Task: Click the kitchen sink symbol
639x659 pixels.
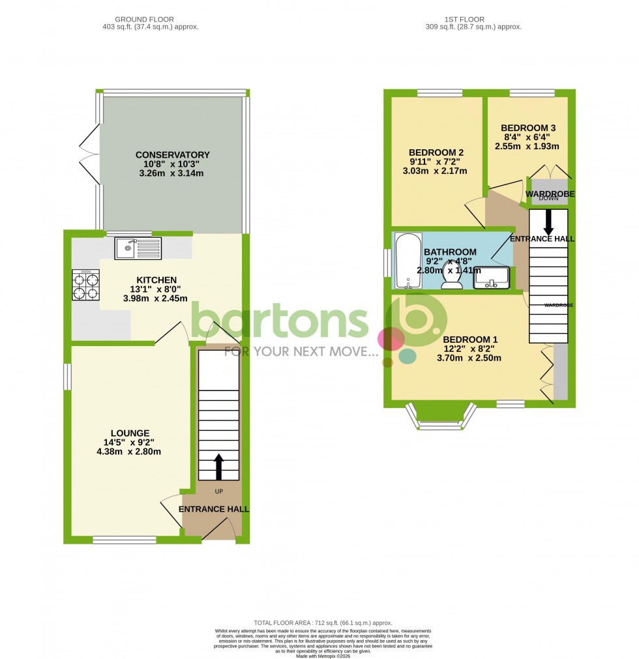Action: [x=137, y=248]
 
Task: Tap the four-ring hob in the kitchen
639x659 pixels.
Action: [x=85, y=285]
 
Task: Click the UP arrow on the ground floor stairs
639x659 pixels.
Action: [x=218, y=467]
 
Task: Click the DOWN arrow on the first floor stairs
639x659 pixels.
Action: [x=548, y=223]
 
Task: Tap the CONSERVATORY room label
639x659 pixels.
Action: [x=173, y=154]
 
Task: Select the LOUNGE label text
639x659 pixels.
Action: [x=130, y=433]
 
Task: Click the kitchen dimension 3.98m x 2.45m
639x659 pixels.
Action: [x=155, y=299]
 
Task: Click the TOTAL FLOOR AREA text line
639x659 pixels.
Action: [x=319, y=623]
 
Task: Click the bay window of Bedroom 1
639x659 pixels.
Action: [x=441, y=419]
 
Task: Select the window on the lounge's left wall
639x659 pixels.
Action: [x=67, y=376]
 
